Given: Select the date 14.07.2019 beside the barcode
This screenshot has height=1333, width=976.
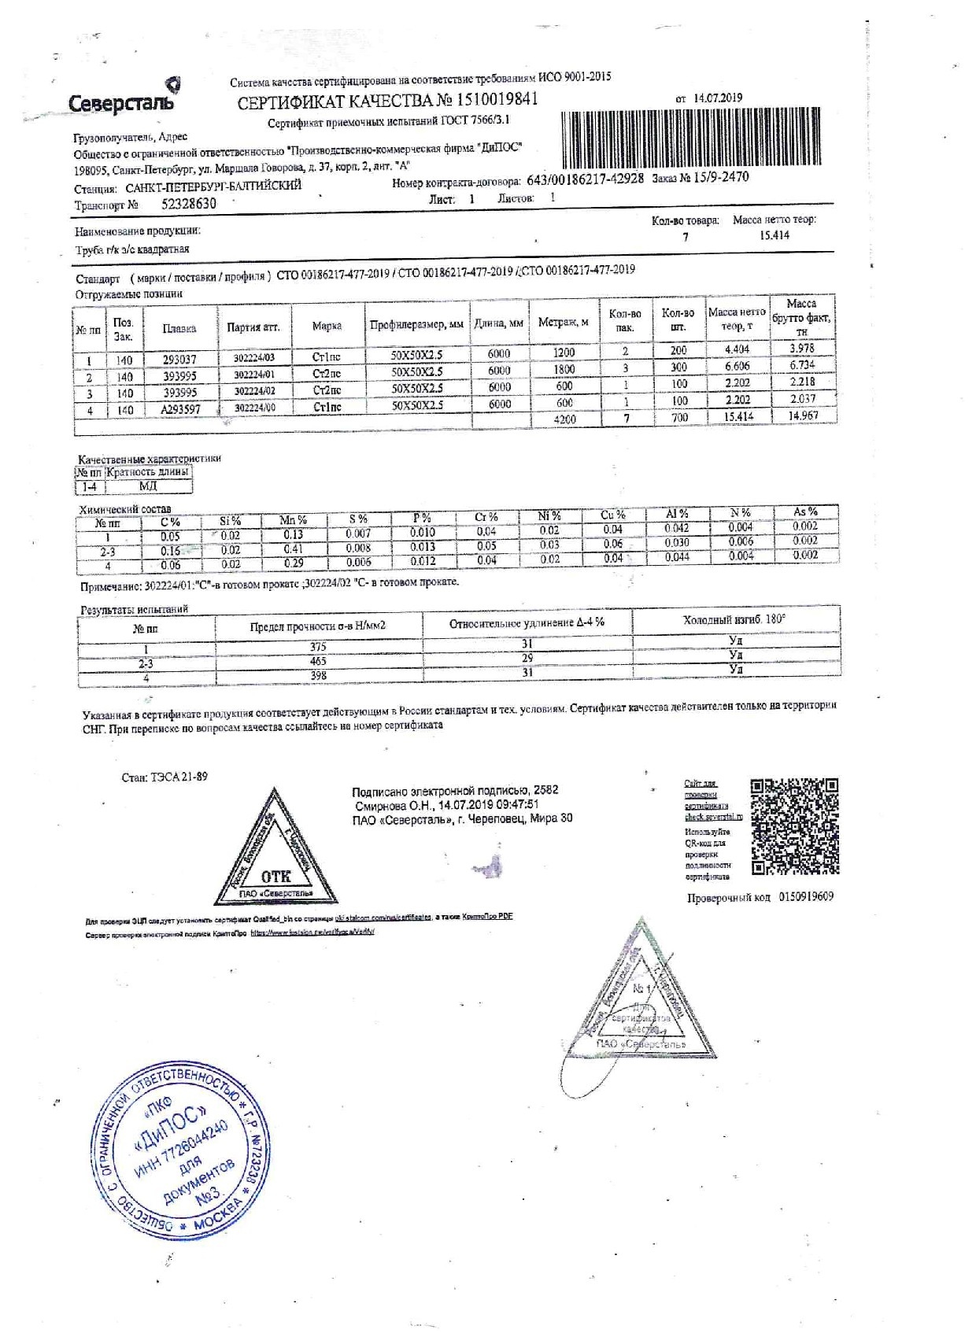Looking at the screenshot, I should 718,98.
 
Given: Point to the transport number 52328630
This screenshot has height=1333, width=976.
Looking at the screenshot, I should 188,203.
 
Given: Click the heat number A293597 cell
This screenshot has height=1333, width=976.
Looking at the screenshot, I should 180,409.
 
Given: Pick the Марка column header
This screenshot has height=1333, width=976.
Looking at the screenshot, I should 327,326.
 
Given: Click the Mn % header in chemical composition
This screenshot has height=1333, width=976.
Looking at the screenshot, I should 293,520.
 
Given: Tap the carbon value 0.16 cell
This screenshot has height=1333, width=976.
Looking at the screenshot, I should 170,551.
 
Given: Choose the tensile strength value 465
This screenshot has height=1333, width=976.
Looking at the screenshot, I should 318,662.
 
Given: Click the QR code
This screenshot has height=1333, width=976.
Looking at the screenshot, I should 793,826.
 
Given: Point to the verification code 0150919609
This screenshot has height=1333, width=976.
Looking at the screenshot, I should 806,896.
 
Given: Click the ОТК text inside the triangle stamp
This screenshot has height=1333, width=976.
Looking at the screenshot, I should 275,877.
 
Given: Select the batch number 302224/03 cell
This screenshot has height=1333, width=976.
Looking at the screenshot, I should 254,356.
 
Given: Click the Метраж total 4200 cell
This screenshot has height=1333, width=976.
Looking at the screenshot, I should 564,419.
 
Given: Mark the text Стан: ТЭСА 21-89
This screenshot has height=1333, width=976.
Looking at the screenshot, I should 165,777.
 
